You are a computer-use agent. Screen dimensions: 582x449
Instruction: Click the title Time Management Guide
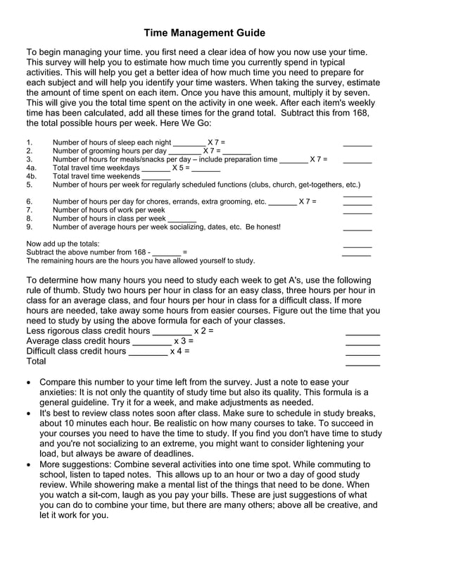[x=205, y=33]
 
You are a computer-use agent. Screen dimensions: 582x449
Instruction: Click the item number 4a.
[x=31, y=168]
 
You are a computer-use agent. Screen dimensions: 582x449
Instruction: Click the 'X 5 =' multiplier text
[x=181, y=168]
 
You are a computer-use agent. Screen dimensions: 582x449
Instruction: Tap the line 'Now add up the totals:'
[x=63, y=244]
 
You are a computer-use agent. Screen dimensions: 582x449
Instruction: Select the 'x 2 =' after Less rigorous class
[x=203, y=330]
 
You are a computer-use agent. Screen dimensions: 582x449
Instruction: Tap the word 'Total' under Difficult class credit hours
[x=36, y=361]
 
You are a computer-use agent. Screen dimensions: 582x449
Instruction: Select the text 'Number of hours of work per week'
[x=109, y=210]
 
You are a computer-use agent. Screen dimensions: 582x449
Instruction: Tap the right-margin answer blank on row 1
[x=358, y=144]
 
